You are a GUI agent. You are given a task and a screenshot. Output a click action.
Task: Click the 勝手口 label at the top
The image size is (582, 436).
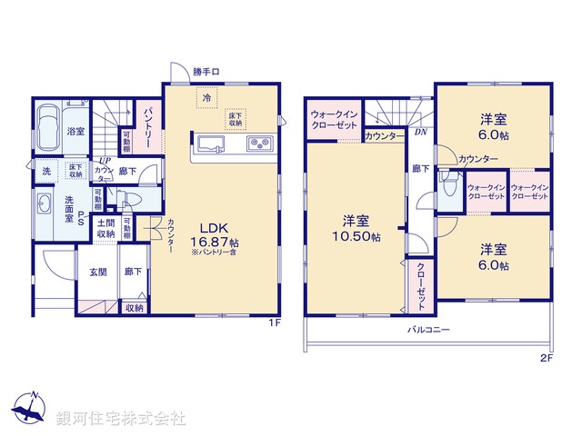coord(206,72)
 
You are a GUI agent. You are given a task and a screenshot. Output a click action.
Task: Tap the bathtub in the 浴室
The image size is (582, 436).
coord(50,128)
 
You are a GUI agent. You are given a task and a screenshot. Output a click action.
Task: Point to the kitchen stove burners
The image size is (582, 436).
coord(258,144)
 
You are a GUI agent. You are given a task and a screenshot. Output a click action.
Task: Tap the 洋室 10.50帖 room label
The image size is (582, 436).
coord(356,228)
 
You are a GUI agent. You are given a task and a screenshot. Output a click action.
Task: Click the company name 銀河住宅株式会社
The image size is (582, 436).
coord(122,418)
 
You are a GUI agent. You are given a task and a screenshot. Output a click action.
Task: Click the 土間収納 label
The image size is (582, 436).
coord(105,228)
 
